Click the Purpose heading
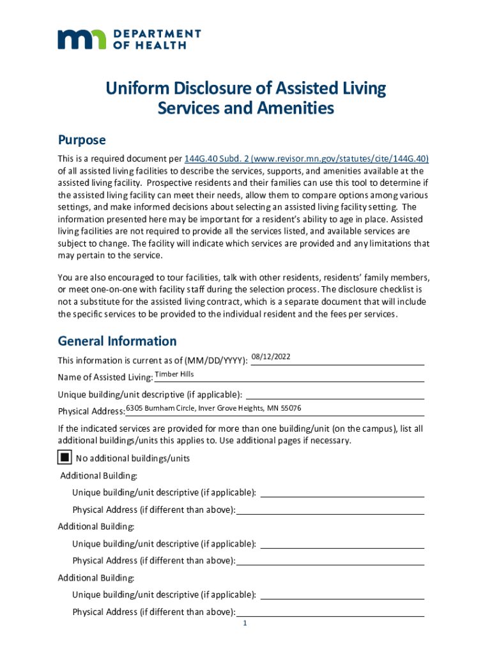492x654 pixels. point(82,140)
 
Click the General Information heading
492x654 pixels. point(117,341)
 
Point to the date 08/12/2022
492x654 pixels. point(272,356)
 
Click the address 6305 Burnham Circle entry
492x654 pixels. point(213,408)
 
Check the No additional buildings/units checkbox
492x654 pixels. point(65,458)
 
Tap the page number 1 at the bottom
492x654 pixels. point(245,624)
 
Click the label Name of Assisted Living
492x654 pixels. point(105,377)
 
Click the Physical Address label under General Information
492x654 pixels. point(91,411)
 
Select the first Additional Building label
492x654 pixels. point(98,475)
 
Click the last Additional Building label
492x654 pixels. point(96,578)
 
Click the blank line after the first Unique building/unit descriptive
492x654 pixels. point(335,393)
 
